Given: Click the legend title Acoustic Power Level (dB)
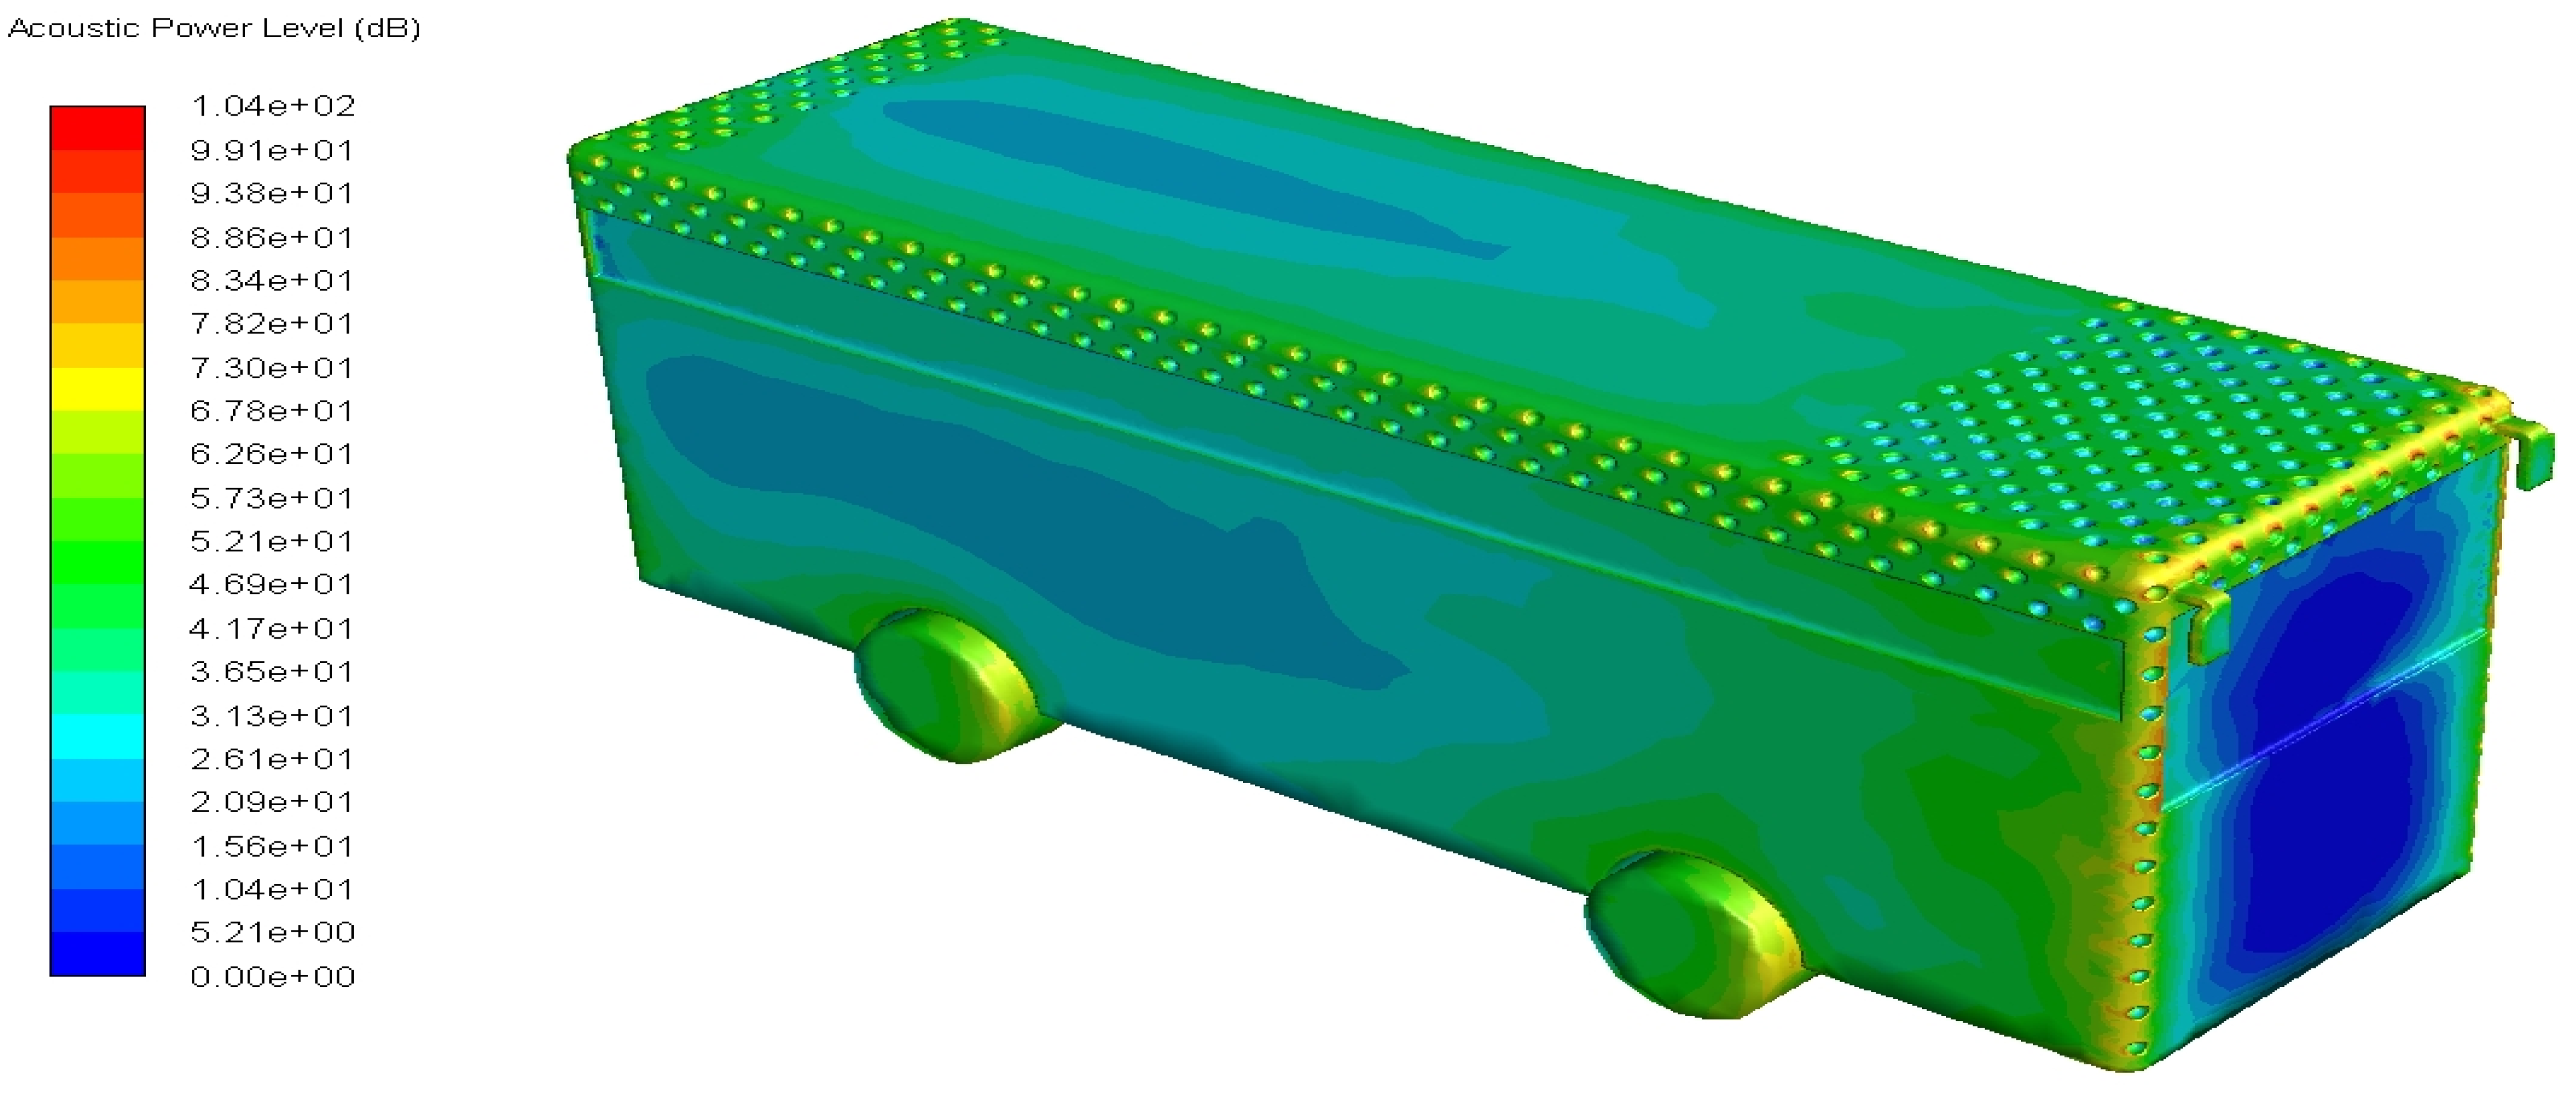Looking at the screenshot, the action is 214,28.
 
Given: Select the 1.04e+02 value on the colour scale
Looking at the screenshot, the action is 272,106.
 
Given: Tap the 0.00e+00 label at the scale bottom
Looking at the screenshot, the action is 272,976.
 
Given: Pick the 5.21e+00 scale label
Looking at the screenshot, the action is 272,932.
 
